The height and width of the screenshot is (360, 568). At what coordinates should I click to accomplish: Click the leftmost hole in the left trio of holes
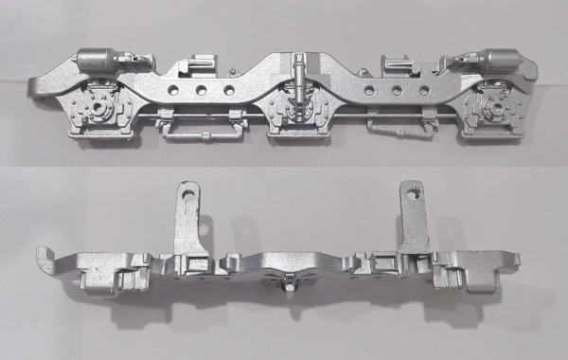173,91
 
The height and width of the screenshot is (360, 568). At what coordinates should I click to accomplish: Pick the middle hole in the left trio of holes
202,91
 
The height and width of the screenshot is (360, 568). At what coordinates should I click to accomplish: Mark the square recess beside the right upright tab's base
388,261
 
